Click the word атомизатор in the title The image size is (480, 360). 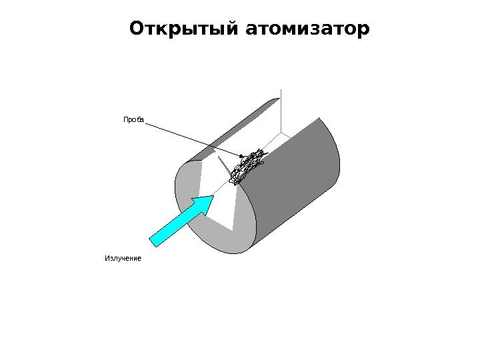(x=307, y=29)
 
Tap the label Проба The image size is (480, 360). (x=133, y=119)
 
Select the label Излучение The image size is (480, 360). (x=123, y=258)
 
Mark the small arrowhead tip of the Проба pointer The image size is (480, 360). (x=243, y=157)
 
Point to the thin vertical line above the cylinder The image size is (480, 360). (x=281, y=107)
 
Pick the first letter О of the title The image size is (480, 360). (x=137, y=29)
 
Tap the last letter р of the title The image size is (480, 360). (x=363, y=31)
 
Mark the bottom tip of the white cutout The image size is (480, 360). (x=233, y=231)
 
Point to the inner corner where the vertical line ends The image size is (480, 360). (x=281, y=132)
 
